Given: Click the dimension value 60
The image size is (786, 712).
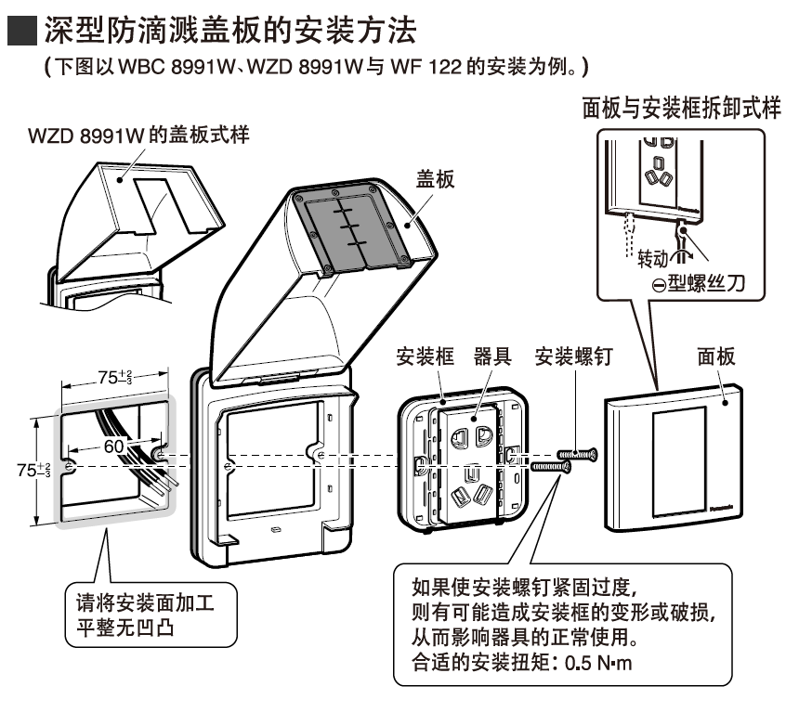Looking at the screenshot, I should pos(113,446).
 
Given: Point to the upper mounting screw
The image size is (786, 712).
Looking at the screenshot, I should pos(577,453).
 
